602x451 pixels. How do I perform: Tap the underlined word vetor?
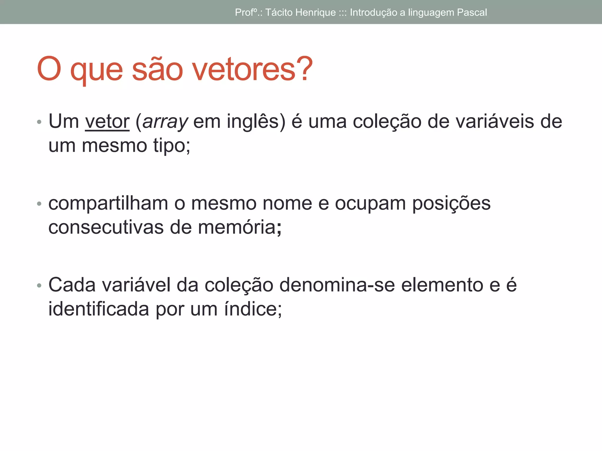click(107, 122)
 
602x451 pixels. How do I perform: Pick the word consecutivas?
click(106, 228)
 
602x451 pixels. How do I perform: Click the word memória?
click(237, 228)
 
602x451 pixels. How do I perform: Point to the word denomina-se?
click(337, 285)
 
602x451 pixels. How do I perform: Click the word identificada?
click(99, 309)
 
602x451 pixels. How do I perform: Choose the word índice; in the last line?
click(253, 309)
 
